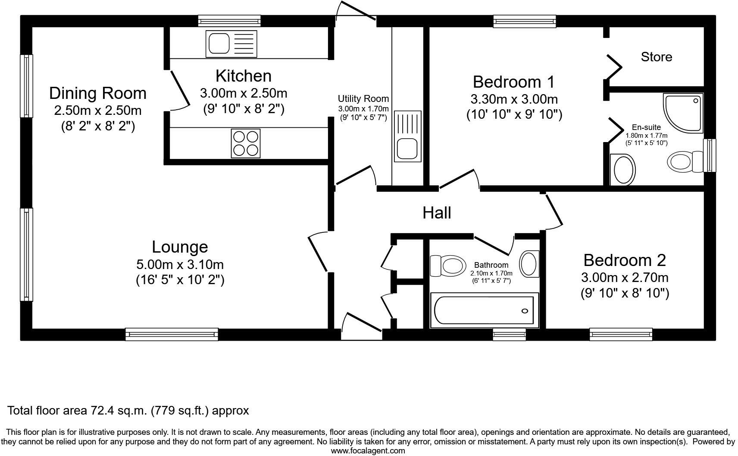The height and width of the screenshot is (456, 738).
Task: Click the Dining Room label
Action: coord(98,93)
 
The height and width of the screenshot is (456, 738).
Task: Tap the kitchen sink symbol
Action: coord(231,44)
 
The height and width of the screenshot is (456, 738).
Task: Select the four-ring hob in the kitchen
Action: coord(246,143)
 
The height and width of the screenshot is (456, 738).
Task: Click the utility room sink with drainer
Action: coord(407,136)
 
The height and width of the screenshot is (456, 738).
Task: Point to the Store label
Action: coord(656,57)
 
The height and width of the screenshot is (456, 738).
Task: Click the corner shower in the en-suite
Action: coord(684,112)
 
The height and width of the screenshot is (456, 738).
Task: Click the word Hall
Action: coord(437,213)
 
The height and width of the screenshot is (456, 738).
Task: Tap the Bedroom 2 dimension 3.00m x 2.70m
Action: coord(625,277)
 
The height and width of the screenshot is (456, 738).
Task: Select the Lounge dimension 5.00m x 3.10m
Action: coord(180,264)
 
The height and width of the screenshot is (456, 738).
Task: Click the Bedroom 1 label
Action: coord(513,82)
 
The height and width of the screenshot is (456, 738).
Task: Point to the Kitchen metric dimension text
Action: coord(244,93)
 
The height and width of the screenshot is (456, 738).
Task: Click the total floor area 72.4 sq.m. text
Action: coord(128,410)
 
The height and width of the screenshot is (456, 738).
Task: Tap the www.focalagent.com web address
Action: coord(368,451)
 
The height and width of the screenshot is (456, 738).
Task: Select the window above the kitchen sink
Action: coord(229,20)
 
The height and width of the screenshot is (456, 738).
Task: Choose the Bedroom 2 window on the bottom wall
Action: coord(620,334)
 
